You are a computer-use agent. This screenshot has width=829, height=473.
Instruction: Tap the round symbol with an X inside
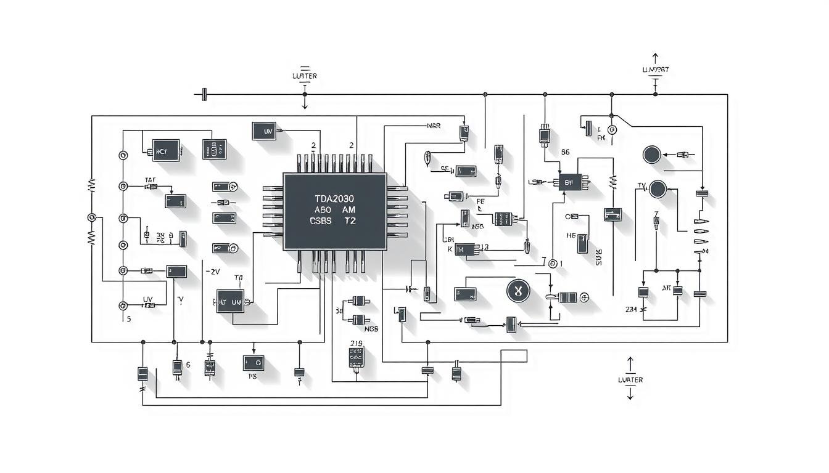point(518,291)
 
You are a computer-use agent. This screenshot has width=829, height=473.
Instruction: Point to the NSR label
point(434,126)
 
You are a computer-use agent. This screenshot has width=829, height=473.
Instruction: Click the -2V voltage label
point(213,271)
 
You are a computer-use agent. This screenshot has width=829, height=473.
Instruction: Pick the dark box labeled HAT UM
point(231,302)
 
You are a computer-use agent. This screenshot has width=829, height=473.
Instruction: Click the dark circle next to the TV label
point(658,189)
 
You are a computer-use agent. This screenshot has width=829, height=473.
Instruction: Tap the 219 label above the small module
point(356,343)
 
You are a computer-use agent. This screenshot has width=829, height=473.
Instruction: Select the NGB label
point(371,329)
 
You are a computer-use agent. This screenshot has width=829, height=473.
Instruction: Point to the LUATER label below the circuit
point(630,379)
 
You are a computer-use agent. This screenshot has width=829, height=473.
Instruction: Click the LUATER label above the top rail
point(304,76)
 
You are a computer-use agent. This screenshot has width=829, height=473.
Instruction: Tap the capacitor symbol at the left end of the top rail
point(204,95)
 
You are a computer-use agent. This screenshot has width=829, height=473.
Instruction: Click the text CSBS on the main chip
point(321,220)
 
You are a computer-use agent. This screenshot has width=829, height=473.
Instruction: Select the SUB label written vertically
point(598,257)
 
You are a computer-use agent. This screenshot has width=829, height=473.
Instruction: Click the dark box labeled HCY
point(165,150)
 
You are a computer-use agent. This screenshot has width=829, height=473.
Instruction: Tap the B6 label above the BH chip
point(565,151)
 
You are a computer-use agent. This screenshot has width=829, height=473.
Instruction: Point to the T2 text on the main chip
point(350,220)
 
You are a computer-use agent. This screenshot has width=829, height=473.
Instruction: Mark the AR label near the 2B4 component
point(666,288)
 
